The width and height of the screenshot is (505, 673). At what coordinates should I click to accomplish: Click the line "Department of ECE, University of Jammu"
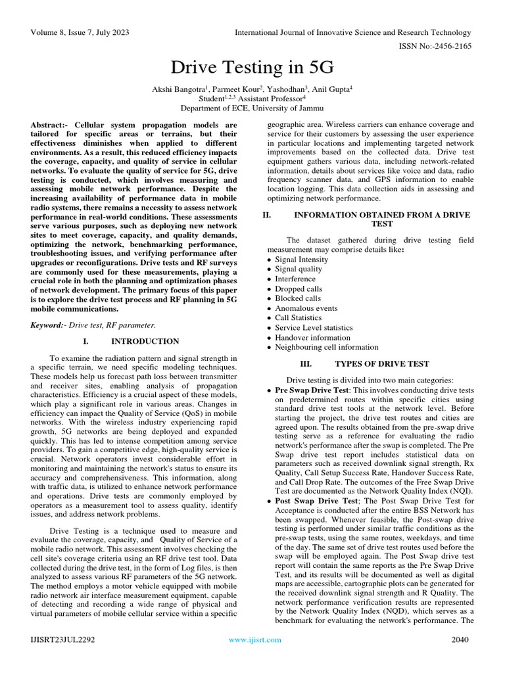tap(252, 107)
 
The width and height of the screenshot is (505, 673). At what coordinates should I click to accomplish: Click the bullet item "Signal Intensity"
tap(303, 260)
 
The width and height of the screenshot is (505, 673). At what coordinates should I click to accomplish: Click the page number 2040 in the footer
tap(460, 639)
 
